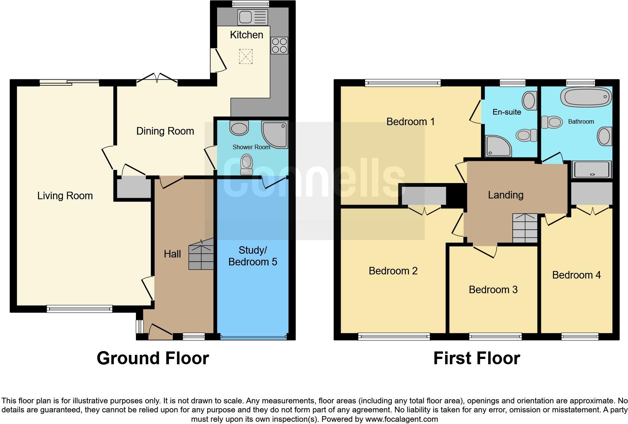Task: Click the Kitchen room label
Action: coord(246,35)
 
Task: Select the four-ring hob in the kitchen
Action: coord(279,45)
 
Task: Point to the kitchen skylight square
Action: coord(246,57)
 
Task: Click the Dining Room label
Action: coord(165,131)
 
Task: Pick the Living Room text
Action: coord(65,195)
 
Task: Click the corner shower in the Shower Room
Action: coord(275,134)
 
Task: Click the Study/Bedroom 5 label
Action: coord(252,256)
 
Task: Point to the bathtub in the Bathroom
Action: coord(586,98)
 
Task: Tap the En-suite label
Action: coord(507,112)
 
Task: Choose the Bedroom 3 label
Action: coord(493,289)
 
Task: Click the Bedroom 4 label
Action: coord(576,275)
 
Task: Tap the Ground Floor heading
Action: coord(153,358)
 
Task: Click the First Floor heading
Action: coord(477,358)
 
